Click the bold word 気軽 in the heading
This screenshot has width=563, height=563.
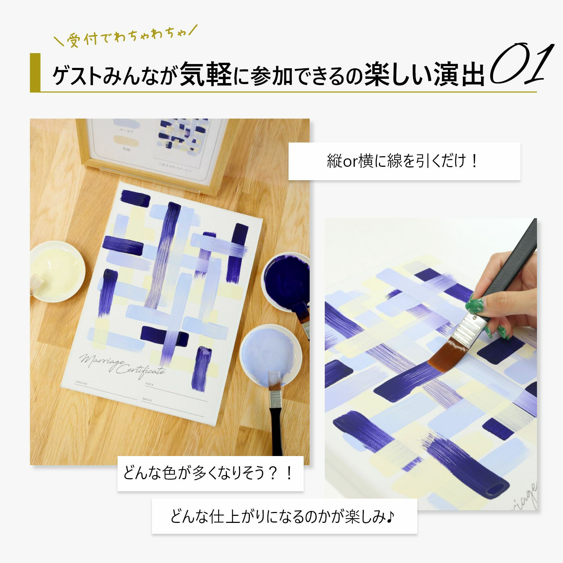[205, 74]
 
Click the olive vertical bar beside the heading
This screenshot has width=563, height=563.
[35, 72]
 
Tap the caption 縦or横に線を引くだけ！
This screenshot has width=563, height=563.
[404, 161]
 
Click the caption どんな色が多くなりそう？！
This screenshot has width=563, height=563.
[210, 473]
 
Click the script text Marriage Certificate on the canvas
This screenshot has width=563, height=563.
[121, 365]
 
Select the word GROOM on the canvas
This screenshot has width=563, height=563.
[82, 382]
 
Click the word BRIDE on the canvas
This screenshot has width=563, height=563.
[147, 400]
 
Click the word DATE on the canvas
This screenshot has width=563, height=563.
[150, 384]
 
